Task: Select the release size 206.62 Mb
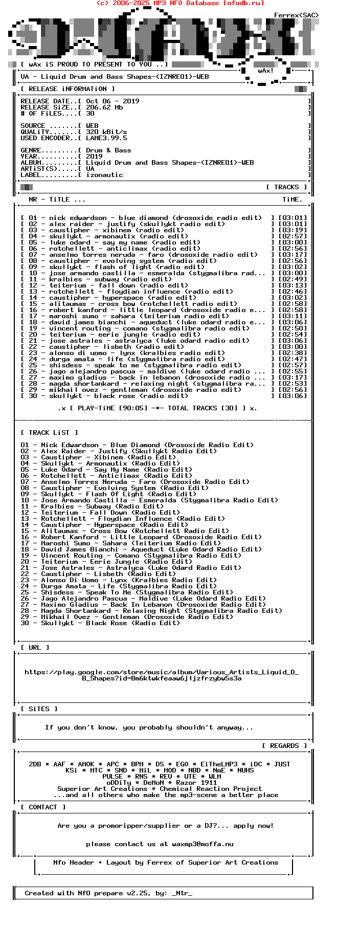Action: pyautogui.click(x=104, y=107)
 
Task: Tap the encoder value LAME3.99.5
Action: pyautogui.click(x=106, y=138)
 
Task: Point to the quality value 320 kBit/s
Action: pyautogui.click(x=106, y=132)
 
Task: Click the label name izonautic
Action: pyautogui.click(x=104, y=175)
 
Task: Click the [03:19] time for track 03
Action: pyautogui.click(x=292, y=230)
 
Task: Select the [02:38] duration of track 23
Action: pyautogui.click(x=292, y=353)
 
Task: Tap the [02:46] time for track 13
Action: pyautogui.click(x=292, y=292)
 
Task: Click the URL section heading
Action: pyautogui.click(x=35, y=648)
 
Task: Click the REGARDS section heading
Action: pyautogui.click(x=284, y=746)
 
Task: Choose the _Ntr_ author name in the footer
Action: pyautogui.click(x=182, y=893)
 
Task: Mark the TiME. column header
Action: pyautogui.click(x=292, y=200)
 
